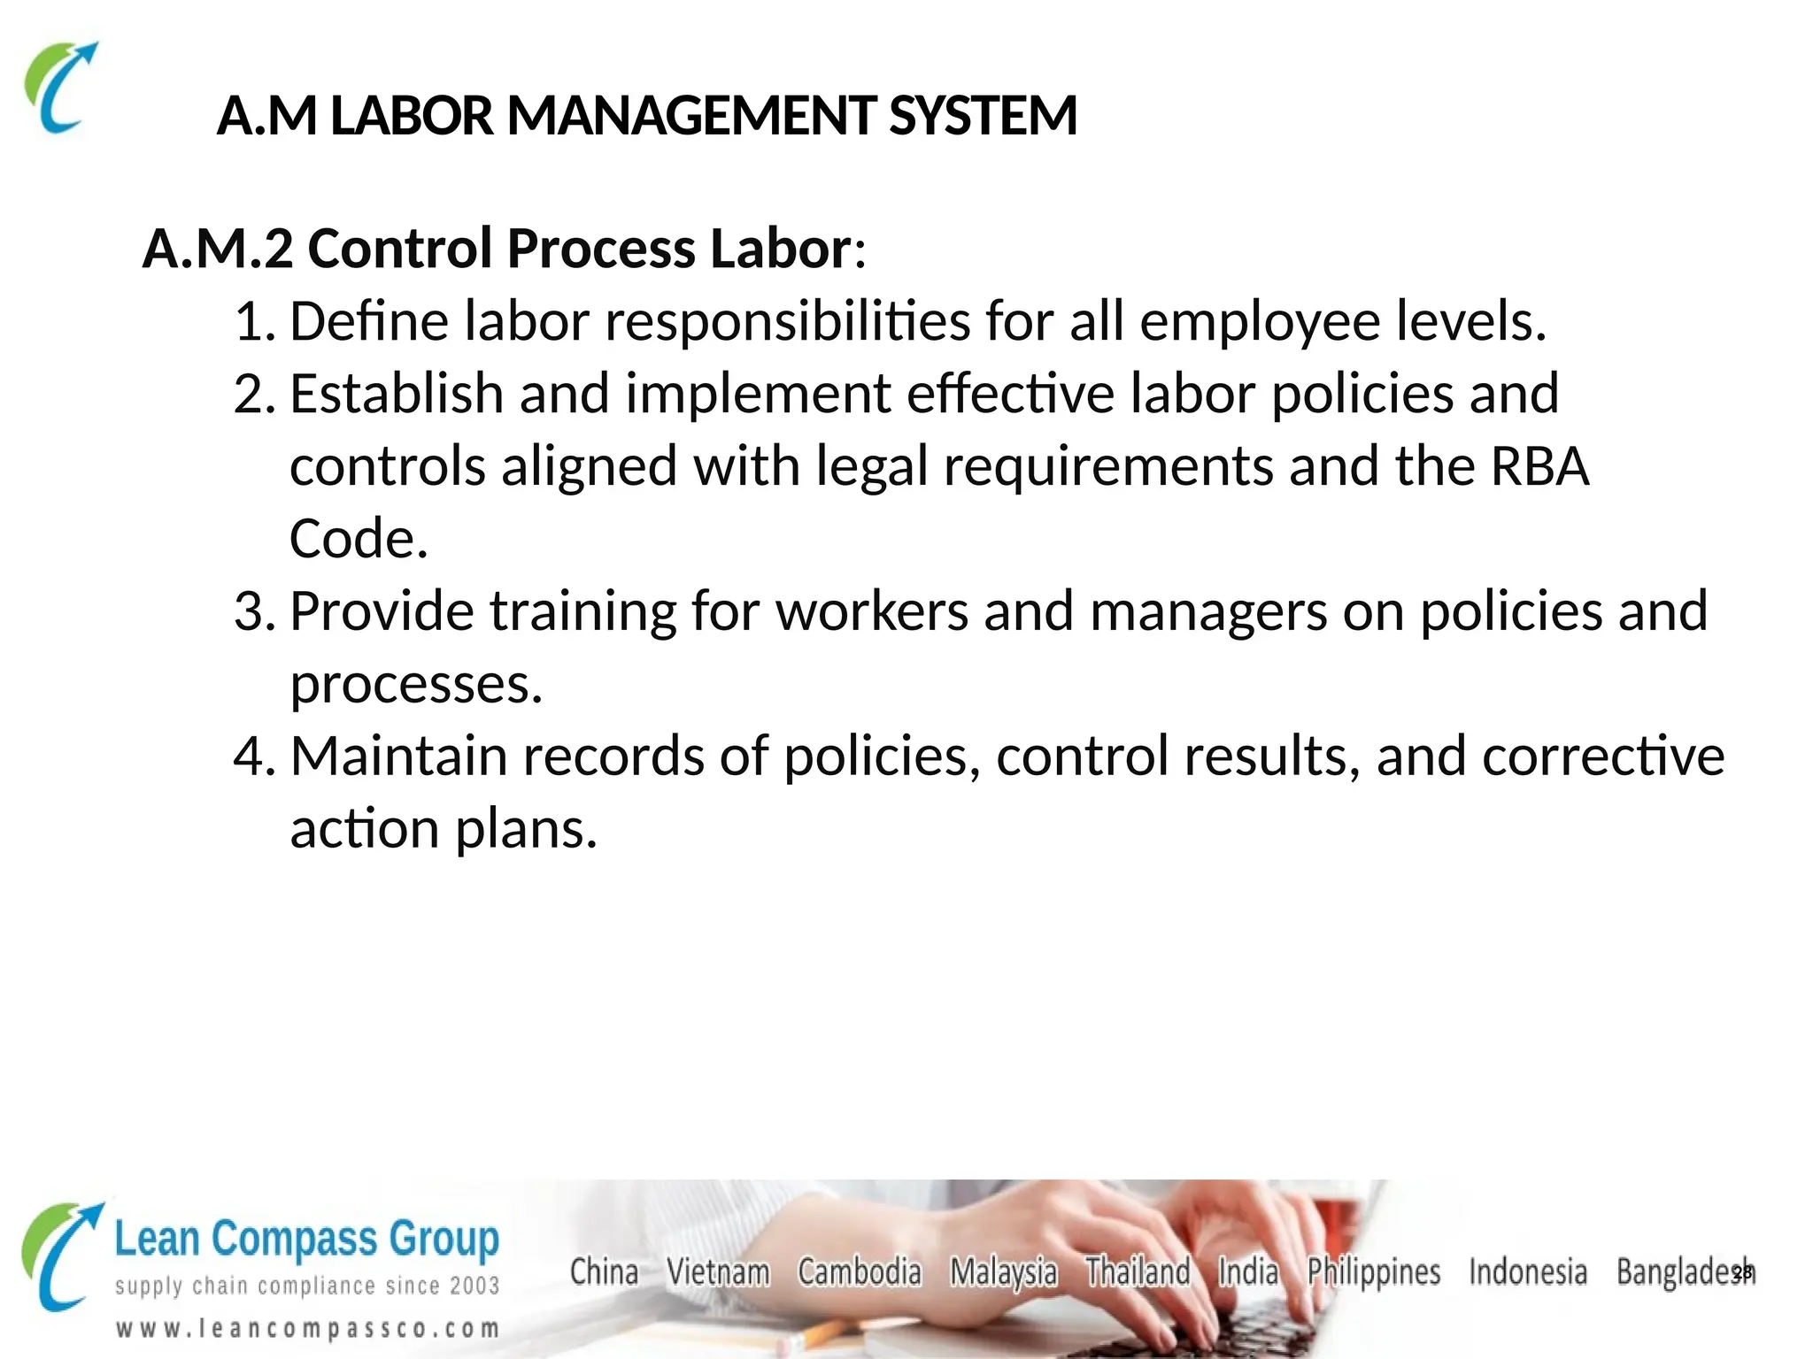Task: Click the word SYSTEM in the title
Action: pos(983,116)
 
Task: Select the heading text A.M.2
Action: pos(217,249)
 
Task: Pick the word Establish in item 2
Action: pos(396,394)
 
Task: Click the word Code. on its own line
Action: pos(359,539)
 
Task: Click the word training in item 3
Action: pos(582,611)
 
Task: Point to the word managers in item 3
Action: pos(1208,611)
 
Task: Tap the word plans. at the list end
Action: pos(526,829)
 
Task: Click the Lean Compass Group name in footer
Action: pos(306,1240)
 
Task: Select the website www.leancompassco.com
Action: pos(307,1328)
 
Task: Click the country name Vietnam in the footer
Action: pos(718,1272)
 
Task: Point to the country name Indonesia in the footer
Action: pos(1527,1272)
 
